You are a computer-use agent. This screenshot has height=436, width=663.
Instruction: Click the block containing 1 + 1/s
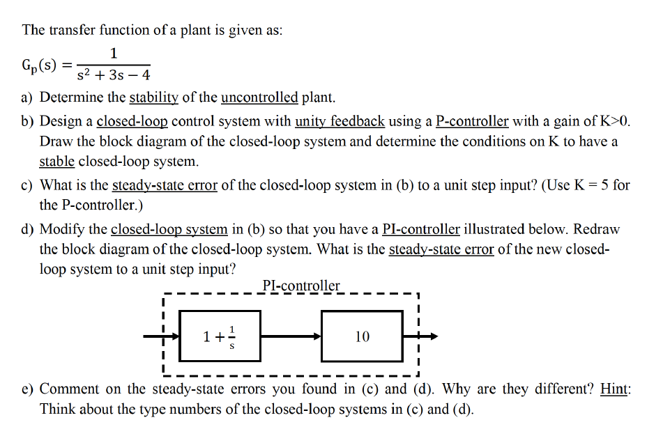click(220, 336)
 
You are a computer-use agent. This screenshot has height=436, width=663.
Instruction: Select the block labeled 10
click(362, 336)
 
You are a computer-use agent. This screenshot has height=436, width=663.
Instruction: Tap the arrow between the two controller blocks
click(291, 336)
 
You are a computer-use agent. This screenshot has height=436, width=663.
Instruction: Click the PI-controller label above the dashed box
click(301, 286)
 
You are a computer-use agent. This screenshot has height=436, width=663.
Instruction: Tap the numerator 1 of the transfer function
click(114, 53)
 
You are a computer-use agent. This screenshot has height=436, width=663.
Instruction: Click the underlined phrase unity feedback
click(340, 121)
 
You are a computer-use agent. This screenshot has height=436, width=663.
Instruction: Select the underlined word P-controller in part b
click(471, 121)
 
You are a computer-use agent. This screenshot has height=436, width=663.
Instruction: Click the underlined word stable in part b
click(57, 162)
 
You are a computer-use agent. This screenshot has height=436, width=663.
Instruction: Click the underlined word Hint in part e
click(615, 389)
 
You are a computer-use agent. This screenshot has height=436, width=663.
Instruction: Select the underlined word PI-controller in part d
click(421, 228)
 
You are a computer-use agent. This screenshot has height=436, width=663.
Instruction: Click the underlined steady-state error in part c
click(165, 185)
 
